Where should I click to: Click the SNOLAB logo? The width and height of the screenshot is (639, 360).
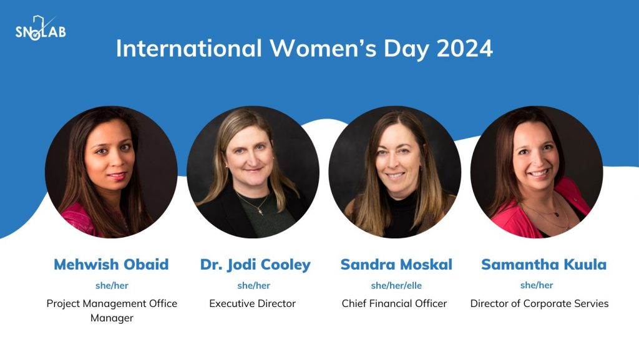point(41,29)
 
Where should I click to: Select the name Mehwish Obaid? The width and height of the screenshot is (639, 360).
point(111,265)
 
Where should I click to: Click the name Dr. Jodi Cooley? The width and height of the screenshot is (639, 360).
point(255,265)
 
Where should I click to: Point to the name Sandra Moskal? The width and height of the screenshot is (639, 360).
point(396,265)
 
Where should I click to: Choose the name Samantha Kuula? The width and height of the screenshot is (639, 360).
point(544,265)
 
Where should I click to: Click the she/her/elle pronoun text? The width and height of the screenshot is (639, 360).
point(396,286)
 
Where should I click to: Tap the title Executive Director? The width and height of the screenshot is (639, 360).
point(252,303)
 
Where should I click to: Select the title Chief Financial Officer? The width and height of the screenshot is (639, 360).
point(394,303)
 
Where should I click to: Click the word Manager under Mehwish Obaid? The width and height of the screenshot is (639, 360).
point(112,318)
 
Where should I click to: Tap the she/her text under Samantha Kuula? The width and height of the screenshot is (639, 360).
point(536,285)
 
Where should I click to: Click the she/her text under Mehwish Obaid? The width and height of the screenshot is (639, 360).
point(112,286)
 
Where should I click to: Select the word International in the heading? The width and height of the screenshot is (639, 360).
point(188,49)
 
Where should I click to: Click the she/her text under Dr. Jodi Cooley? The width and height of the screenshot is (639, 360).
point(253,286)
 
